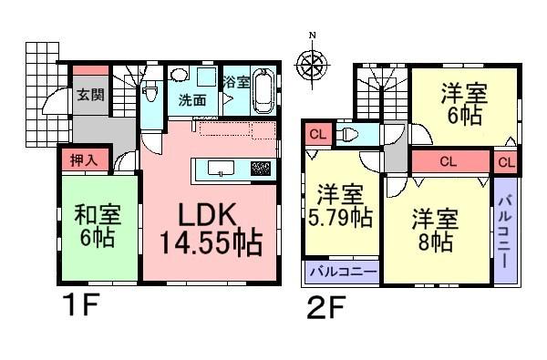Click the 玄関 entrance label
pos(88,95)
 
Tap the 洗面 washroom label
pos(191,98)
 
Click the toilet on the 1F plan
pos(151,91)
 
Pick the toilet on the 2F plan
pos(350,136)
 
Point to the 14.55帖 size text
pos(212,244)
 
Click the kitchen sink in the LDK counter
pos(220,168)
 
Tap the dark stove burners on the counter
pos(261,168)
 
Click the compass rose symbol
pos(313,63)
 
